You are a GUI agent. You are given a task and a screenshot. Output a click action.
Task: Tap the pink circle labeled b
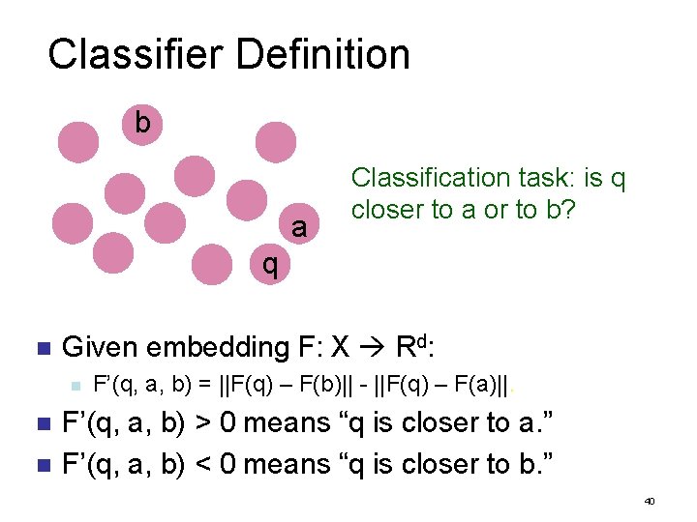tap(142, 123)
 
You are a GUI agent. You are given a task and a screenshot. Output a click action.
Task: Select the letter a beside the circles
tap(299, 228)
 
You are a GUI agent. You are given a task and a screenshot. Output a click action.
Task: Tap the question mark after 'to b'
tap(570, 210)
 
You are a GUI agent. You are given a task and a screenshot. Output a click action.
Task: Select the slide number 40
tap(650, 502)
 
